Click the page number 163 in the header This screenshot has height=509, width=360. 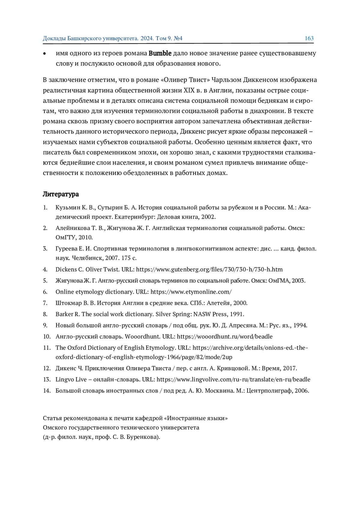(x=309, y=38)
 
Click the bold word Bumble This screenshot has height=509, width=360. (x=160, y=53)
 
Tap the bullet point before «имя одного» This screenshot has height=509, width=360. (x=45, y=54)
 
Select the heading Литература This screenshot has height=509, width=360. (x=61, y=194)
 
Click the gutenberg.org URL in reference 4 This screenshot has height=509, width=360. (x=209, y=269)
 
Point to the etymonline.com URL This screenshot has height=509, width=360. (x=191, y=292)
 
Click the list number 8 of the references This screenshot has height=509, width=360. (x=45, y=314)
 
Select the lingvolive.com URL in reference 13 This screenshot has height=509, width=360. (x=233, y=379)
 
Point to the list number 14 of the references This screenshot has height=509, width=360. (x=46, y=391)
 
